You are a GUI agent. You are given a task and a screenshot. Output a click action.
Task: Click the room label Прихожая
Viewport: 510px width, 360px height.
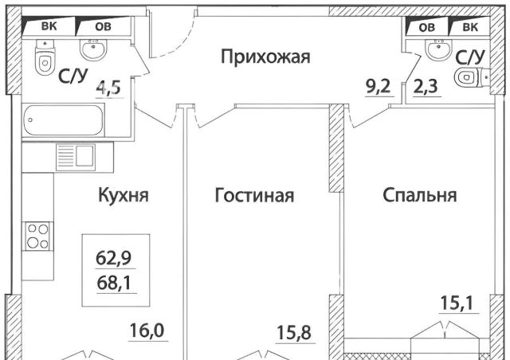coord(265,57)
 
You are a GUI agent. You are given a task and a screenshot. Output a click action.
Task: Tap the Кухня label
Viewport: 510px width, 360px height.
coord(124,195)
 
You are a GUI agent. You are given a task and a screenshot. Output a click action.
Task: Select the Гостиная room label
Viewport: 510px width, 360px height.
coord(254,195)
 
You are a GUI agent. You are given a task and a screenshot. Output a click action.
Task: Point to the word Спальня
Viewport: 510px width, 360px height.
coord(420,195)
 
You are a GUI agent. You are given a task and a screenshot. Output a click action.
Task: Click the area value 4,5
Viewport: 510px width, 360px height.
coord(108,87)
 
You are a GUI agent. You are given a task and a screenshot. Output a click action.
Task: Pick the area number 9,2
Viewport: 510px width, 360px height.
coord(378,87)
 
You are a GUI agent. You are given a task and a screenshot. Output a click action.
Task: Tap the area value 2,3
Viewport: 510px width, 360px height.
coord(426,87)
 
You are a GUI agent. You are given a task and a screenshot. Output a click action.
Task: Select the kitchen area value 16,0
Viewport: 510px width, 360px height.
coord(147,331)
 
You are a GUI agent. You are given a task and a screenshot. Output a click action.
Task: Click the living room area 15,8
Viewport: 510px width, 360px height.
coord(294,332)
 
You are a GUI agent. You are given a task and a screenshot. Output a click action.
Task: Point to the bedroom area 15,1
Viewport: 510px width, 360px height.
coord(457,303)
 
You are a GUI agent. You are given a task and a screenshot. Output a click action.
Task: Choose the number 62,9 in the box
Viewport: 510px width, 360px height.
coord(113,258)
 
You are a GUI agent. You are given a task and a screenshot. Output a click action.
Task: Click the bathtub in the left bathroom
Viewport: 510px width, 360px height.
coord(64,119)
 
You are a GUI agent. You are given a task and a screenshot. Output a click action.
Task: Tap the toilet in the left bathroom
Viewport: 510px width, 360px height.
coord(45,57)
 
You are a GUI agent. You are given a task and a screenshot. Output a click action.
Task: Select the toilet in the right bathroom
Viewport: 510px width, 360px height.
coord(471,77)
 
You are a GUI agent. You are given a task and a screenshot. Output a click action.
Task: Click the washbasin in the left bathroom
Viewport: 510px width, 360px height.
coord(93,49)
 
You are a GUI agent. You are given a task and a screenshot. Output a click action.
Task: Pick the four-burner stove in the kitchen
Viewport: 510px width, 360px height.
coord(37,236)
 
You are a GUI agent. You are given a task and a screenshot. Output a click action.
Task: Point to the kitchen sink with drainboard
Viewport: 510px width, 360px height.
coord(76,158)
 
